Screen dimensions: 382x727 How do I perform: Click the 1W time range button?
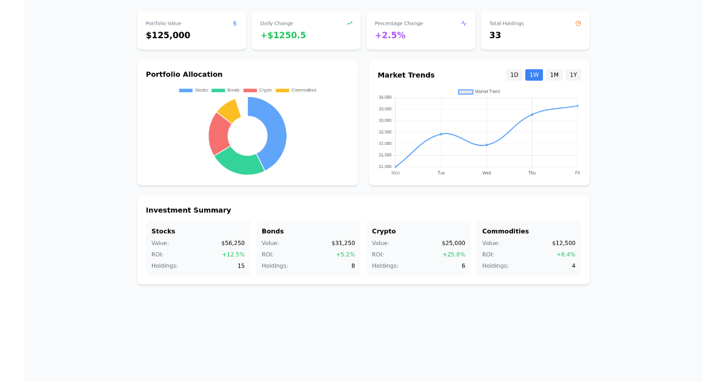pos(534,75)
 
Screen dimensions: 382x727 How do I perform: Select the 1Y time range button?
pos(573,75)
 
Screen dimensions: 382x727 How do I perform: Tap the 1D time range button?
pos(514,75)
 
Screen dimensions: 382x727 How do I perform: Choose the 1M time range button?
pos(554,75)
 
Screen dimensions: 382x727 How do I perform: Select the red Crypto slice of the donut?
pos(219,133)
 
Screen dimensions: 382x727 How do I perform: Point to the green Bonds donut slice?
pos(239,161)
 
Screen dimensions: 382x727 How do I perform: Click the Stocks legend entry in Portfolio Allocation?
pos(193,90)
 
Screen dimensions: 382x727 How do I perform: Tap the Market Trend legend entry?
pos(479,92)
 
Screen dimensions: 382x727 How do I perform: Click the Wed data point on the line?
pos(486,145)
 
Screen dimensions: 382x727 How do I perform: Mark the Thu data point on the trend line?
pos(532,115)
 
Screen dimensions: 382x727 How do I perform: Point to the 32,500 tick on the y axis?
pos(385,132)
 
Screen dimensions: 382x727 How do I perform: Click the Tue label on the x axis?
pos(441,173)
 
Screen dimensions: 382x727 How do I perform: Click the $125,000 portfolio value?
pos(168,35)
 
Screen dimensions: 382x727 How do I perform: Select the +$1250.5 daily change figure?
pos(283,35)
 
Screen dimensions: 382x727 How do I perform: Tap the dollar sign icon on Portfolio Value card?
pos(235,24)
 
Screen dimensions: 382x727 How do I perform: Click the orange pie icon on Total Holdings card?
pos(578,24)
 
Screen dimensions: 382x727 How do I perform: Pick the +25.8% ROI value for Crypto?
pos(454,255)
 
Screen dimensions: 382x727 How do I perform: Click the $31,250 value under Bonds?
pos(343,243)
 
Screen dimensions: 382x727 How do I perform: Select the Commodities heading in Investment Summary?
pos(505,231)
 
